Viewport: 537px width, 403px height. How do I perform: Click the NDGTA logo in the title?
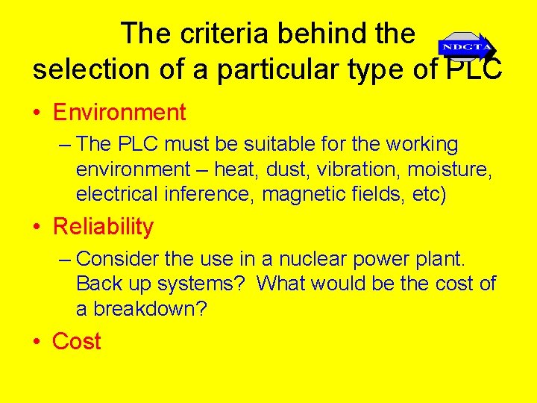(x=465, y=48)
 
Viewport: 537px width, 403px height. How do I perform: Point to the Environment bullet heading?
(x=119, y=113)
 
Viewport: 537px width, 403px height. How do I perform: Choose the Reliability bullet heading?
(x=103, y=227)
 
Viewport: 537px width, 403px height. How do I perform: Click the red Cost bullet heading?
(x=76, y=341)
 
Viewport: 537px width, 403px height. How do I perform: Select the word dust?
(x=287, y=169)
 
